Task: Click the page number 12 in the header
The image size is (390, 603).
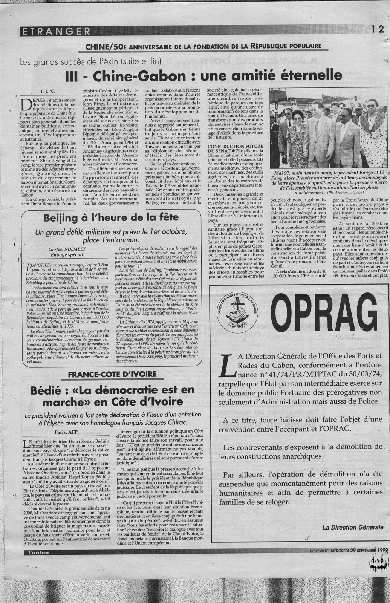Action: click(x=377, y=30)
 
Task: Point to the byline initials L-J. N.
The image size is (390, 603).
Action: click(x=48, y=91)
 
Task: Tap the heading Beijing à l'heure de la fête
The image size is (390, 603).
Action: click(x=102, y=218)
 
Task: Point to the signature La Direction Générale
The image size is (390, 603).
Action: click(x=353, y=527)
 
